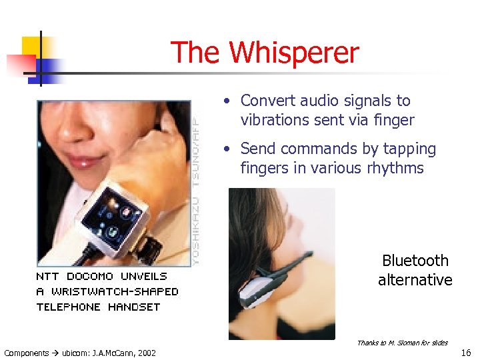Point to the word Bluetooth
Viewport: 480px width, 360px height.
[x=415, y=261]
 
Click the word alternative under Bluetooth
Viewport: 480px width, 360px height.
[x=415, y=280]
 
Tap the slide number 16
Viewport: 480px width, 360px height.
[x=466, y=352]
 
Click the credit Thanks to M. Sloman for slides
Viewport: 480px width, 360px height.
[x=402, y=343]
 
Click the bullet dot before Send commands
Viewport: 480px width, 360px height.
[x=227, y=149]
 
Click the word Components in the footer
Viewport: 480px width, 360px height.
[x=27, y=353]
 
